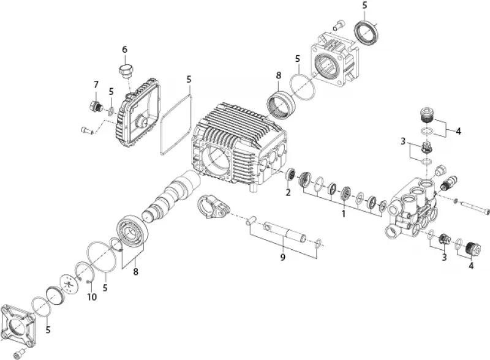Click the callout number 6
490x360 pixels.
[x=125, y=50]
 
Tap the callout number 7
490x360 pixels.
[x=96, y=84]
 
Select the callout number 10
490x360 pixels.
[x=92, y=296]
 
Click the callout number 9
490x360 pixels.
[x=283, y=257]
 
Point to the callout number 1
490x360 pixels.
[x=344, y=214]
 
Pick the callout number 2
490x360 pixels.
[x=288, y=192]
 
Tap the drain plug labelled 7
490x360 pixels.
[x=95, y=107]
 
